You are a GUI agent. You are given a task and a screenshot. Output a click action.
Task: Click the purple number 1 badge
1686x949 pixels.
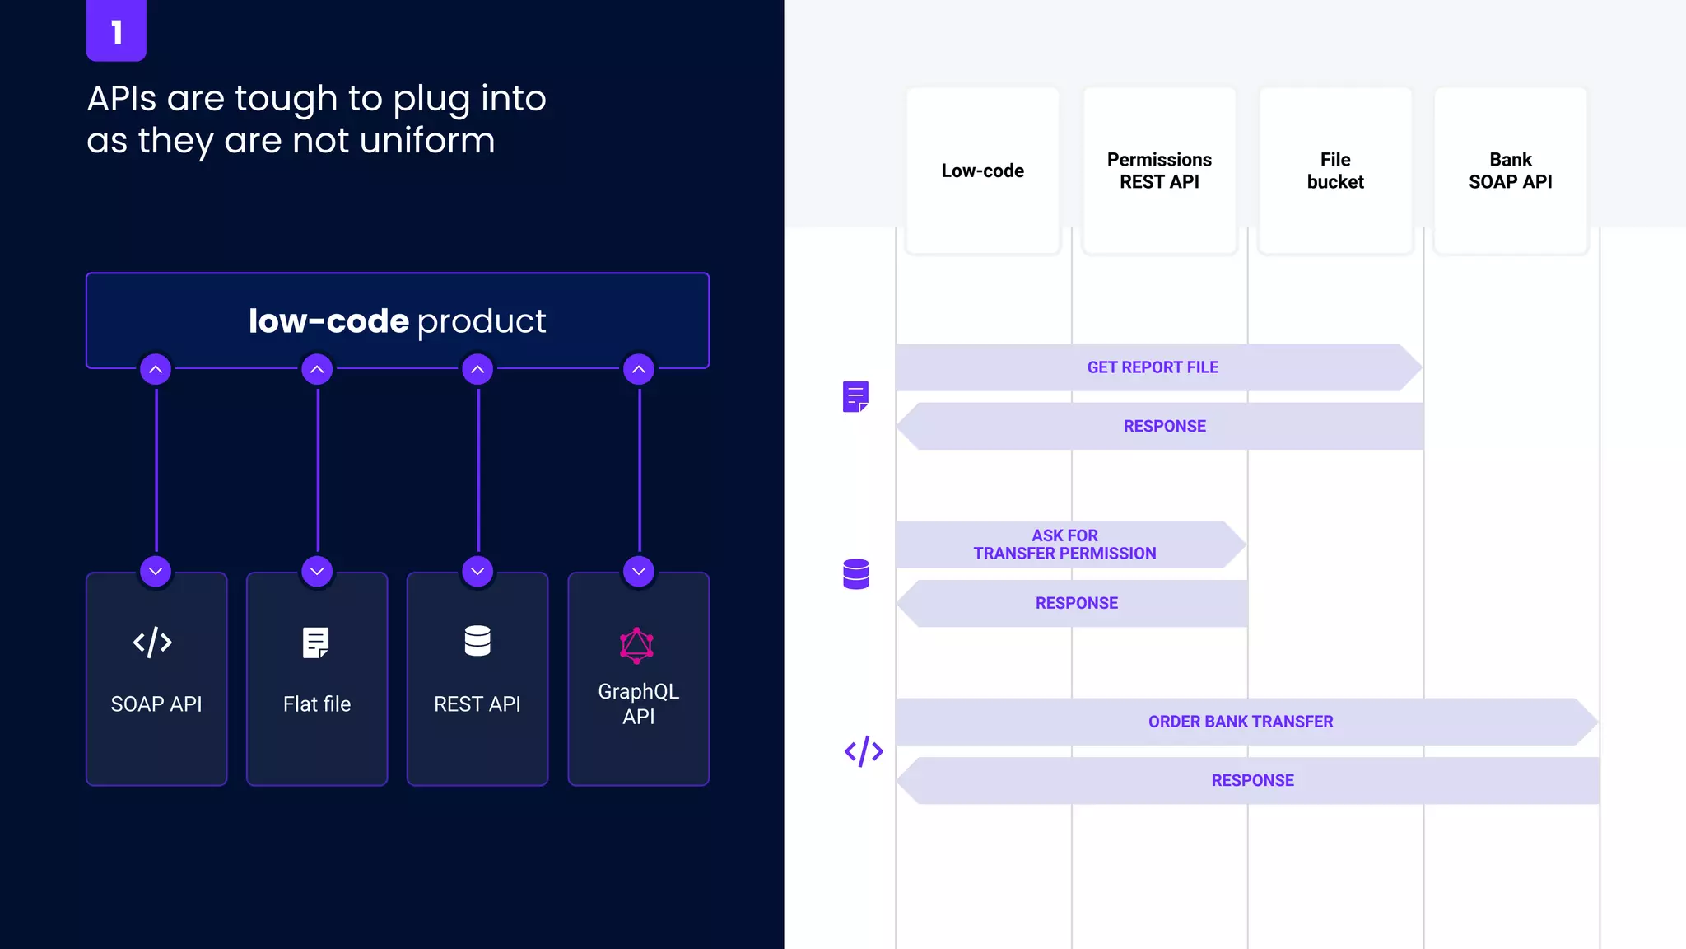pos(116,30)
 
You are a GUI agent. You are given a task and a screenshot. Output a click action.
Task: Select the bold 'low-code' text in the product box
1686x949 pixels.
pos(328,321)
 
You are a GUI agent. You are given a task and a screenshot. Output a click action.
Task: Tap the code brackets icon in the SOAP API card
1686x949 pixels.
pos(152,643)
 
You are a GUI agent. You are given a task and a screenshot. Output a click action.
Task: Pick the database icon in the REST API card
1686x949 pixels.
pos(477,641)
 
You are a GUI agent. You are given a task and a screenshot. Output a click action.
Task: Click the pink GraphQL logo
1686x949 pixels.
pos(636,646)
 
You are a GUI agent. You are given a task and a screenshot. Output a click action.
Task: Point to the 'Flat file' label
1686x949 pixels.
pos(317,704)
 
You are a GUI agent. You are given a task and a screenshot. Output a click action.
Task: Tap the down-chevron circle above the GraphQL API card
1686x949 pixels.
pos(639,571)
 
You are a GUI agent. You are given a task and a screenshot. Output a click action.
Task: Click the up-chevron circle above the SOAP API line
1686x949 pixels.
pos(156,369)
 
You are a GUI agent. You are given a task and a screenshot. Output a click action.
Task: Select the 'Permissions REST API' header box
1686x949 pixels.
pos(1159,171)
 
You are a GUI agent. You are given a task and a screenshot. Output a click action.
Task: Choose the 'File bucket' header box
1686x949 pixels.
pos(1335,171)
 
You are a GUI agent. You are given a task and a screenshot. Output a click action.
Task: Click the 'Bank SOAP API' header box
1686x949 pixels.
pos(1510,171)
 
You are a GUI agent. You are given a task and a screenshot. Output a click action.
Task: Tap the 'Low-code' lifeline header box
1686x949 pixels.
pos(982,171)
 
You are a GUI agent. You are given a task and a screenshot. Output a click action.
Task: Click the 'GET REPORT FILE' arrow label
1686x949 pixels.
pos(1153,367)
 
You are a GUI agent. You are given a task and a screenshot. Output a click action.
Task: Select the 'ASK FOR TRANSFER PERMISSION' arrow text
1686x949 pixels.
pos(1064,545)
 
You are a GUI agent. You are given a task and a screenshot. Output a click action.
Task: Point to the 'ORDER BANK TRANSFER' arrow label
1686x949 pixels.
pos(1241,722)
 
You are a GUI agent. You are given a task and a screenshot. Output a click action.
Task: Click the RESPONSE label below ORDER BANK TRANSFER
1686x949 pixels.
pos(1252,780)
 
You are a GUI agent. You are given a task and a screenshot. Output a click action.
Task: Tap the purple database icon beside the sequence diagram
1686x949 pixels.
pos(856,574)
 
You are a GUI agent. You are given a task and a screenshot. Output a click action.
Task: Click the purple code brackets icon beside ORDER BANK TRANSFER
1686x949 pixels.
pos(864,751)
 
